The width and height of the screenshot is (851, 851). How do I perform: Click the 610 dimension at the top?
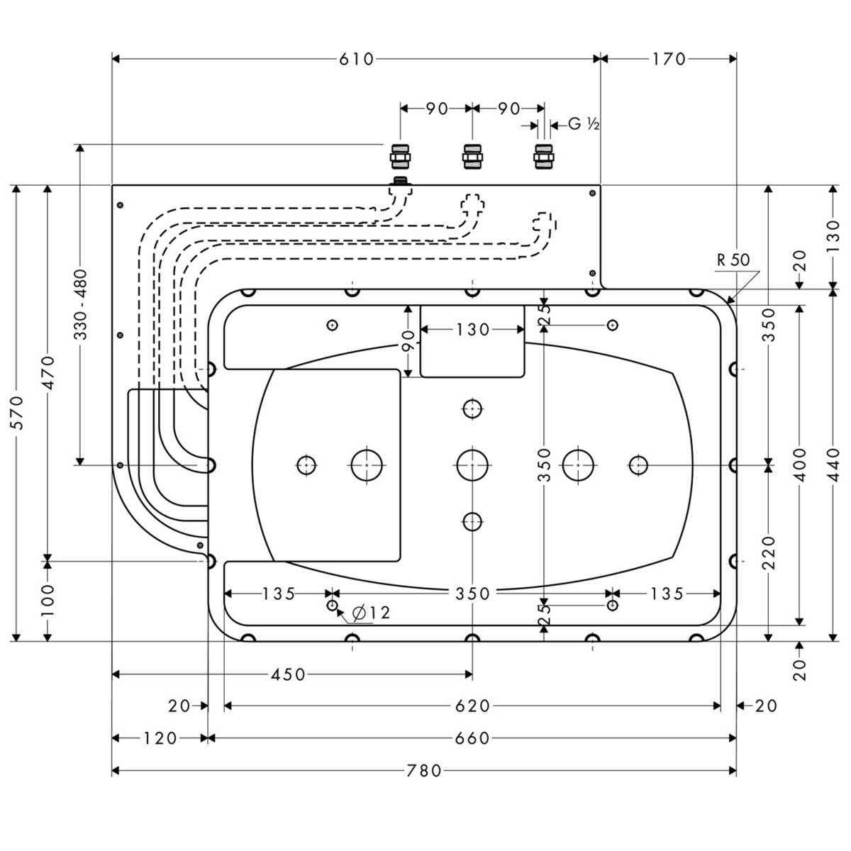[x=356, y=59]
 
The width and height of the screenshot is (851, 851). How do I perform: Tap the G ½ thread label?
[x=584, y=125]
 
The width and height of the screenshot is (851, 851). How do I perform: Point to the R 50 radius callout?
[x=733, y=260]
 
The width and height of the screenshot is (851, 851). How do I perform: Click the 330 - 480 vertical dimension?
[x=80, y=304]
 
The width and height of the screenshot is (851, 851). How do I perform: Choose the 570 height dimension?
[x=16, y=413]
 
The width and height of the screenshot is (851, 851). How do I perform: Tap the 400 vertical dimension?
[x=800, y=465]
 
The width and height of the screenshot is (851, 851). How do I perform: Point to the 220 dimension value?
[x=769, y=553]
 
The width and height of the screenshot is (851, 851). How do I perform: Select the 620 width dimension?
[x=473, y=706]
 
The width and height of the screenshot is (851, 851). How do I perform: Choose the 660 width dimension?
[x=473, y=738]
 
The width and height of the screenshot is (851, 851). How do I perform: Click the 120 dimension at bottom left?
[x=160, y=738]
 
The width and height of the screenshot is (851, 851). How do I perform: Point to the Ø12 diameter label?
[x=371, y=613]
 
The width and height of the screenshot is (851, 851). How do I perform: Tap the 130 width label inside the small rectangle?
[x=473, y=330]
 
